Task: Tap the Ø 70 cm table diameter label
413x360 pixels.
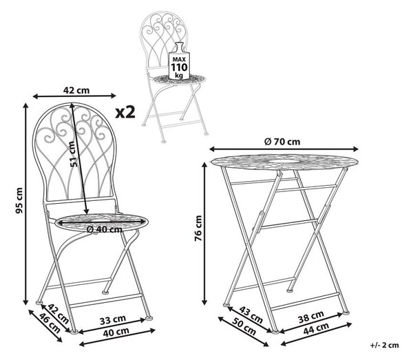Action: [282, 142]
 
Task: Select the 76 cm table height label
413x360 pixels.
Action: [198, 228]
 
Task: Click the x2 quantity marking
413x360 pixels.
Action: [125, 112]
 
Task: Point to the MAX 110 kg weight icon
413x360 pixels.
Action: [179, 61]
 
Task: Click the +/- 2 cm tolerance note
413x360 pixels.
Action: [385, 345]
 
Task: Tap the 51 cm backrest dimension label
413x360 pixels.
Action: [74, 153]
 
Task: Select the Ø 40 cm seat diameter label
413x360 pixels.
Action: [105, 229]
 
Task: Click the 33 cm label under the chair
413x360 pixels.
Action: [113, 320]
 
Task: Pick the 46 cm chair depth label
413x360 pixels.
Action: [50, 323]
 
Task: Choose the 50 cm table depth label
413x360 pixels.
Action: [244, 326]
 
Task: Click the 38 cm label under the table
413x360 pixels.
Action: [311, 317]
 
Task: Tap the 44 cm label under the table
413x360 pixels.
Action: [316, 328]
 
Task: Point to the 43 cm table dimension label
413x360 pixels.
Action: [251, 315]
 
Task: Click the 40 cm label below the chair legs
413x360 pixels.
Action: [116, 332]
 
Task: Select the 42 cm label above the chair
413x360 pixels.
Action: [76, 90]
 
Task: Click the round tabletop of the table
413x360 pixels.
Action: [284, 160]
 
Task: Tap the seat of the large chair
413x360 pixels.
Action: [101, 223]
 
